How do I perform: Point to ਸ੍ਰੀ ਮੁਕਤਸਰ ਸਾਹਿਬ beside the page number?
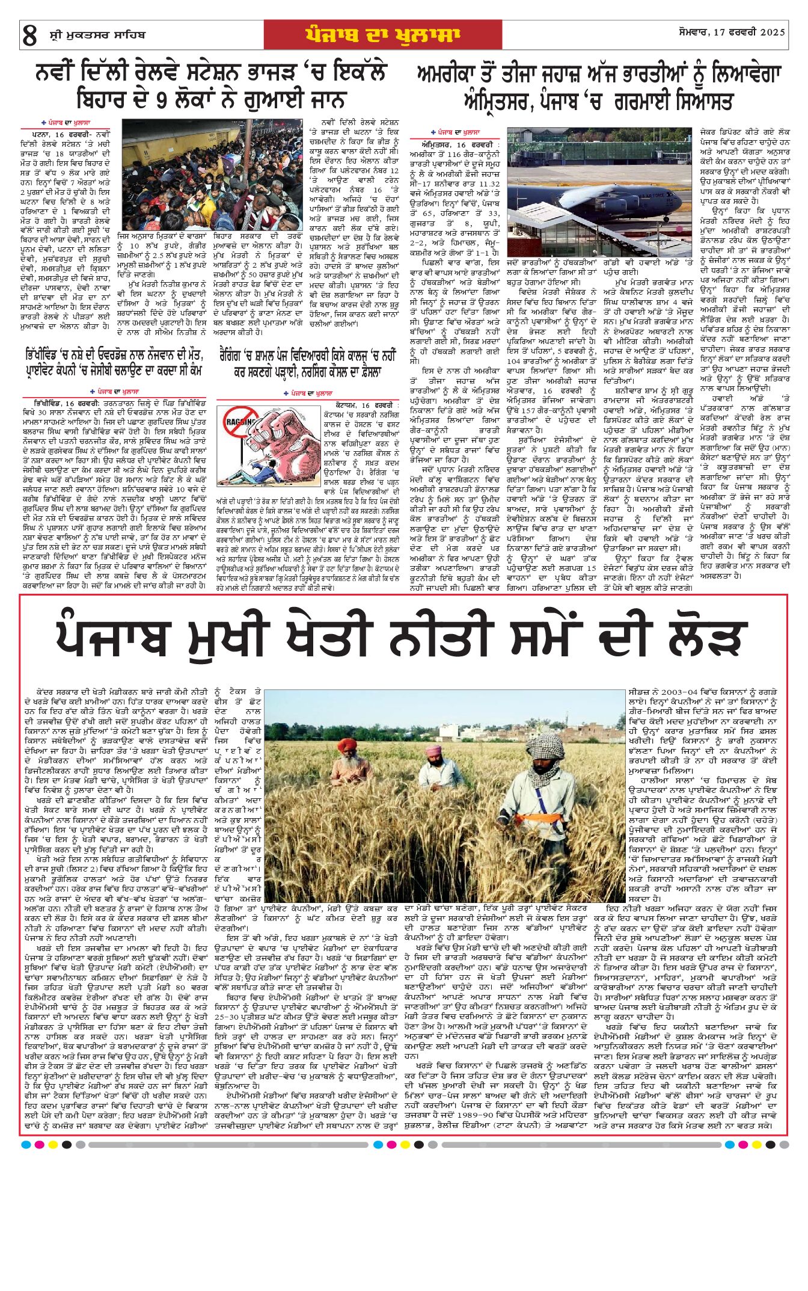pos(97,35)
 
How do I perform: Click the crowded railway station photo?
pos(213,174)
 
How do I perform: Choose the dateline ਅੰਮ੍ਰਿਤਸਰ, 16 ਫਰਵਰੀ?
pos(461,145)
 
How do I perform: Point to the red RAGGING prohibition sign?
pos(237,424)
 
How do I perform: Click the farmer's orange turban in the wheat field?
pos(347,746)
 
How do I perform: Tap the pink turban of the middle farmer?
pos(433,751)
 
